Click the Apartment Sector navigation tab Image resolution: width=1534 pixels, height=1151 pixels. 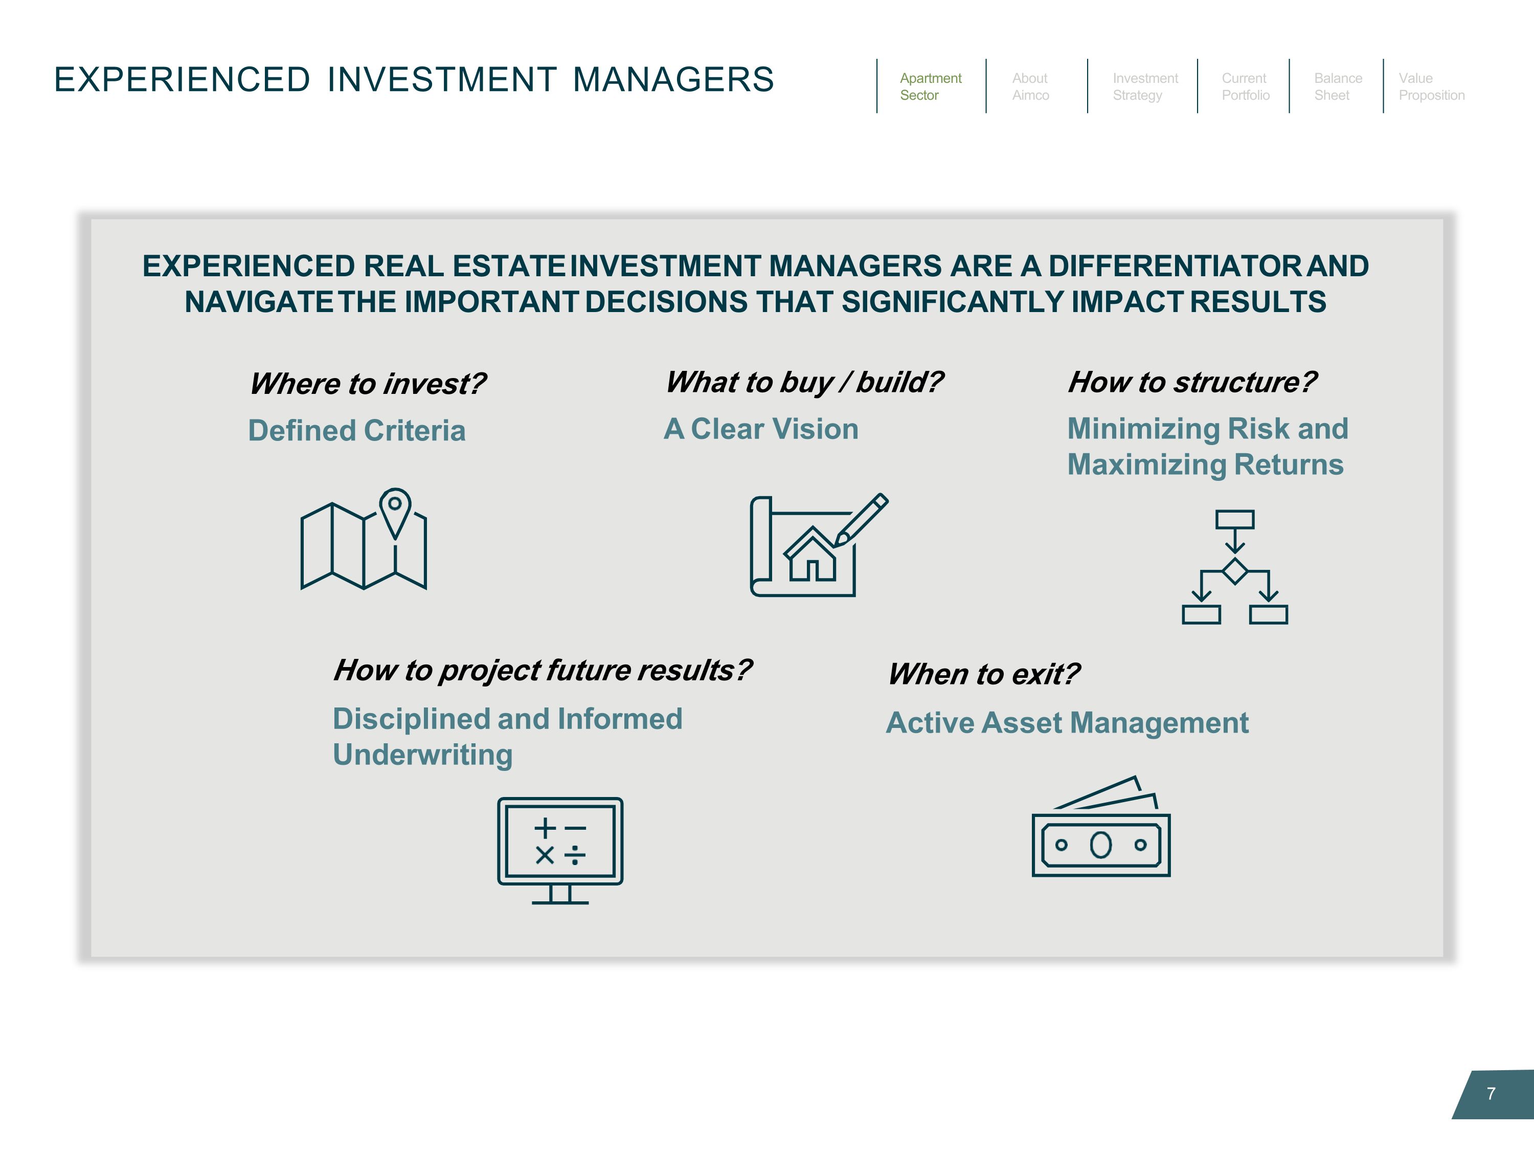point(930,87)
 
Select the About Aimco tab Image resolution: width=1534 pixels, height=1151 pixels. point(1030,87)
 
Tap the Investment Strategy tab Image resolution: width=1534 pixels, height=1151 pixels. point(1145,87)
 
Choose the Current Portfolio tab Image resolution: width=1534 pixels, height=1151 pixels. point(1246,87)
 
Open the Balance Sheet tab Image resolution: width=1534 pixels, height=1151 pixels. point(1338,87)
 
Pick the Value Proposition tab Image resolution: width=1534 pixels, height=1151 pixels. point(1431,87)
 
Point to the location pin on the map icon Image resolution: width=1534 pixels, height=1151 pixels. point(395,508)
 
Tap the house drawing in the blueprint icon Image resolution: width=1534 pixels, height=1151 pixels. point(812,556)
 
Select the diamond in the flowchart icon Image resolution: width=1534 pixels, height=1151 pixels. point(1235,571)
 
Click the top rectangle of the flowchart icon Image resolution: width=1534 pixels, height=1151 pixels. point(1235,519)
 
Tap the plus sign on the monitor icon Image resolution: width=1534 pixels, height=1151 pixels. point(545,828)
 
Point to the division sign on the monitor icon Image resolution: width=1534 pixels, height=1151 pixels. point(575,855)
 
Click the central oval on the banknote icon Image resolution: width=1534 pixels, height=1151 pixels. point(1100,845)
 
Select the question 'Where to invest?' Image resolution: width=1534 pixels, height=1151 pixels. point(368,384)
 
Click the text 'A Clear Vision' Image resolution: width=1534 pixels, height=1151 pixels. point(761,429)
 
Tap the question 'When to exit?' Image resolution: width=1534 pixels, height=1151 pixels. point(983,674)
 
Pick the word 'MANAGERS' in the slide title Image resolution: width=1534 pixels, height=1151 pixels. point(673,79)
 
